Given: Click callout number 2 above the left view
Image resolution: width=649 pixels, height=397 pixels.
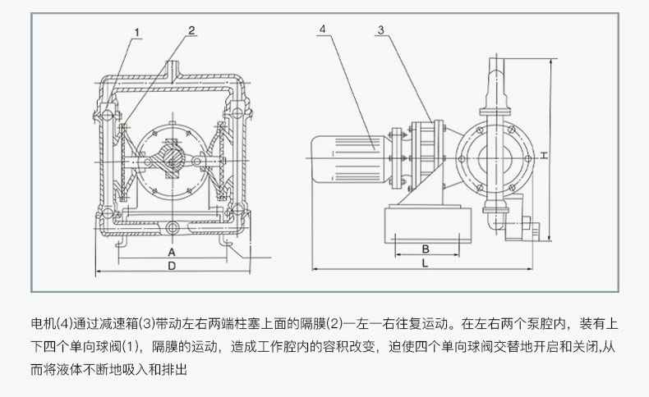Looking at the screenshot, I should point(191,30).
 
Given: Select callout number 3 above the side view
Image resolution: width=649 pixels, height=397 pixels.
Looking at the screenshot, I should point(380,30).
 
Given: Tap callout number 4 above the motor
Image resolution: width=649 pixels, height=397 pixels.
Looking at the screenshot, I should point(323,29).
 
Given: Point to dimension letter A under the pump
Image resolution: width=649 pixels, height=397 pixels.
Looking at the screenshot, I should point(172,252).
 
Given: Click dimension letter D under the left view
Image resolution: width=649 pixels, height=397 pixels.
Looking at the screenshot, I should point(172,267).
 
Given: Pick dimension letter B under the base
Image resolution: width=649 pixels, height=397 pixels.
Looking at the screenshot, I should point(426,249).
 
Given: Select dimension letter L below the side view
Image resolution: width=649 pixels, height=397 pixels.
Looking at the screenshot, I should point(425,264).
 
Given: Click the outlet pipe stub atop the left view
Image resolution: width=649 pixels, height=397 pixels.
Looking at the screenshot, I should point(173,70).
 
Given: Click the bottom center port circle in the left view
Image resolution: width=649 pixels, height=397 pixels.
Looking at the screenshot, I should point(172,227).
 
